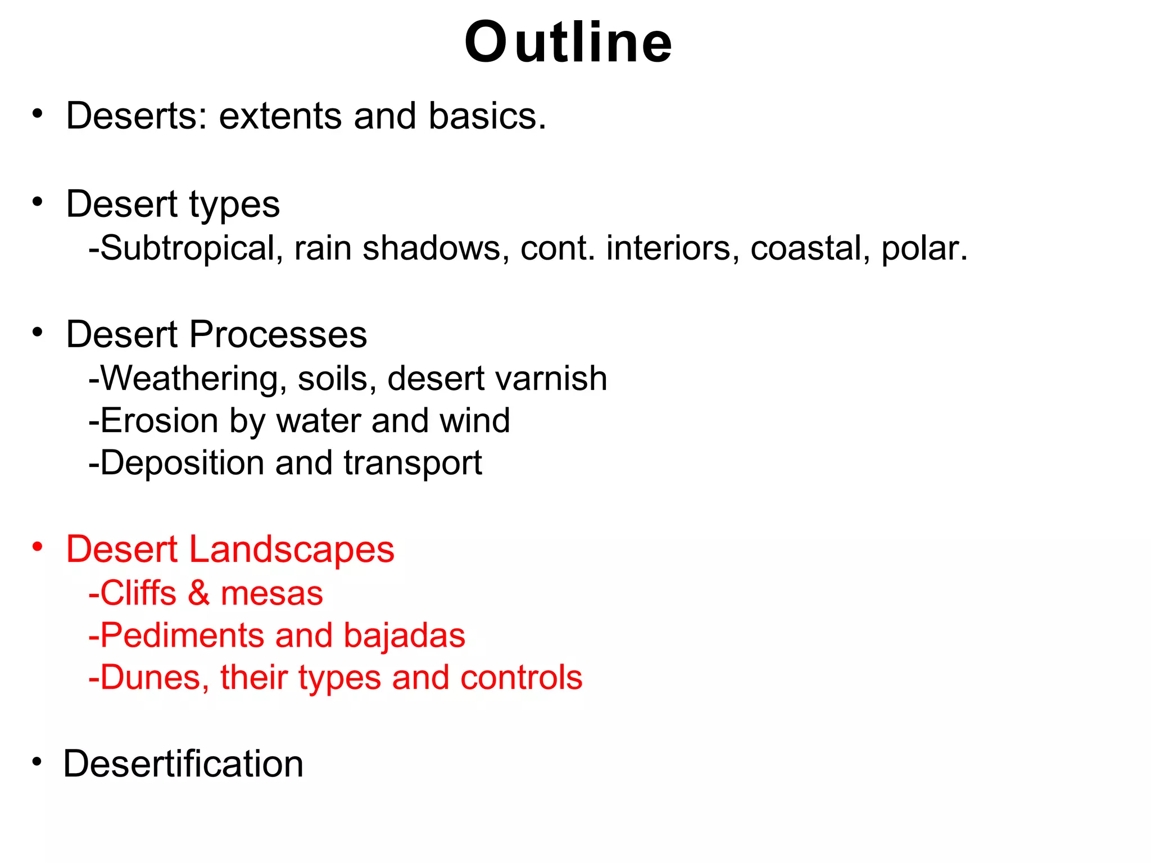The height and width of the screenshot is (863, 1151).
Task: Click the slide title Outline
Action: pyautogui.click(x=568, y=43)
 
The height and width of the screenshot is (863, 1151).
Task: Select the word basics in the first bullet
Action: pyautogui.click(x=487, y=116)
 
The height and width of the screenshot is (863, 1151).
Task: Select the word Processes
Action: pyautogui.click(x=278, y=334)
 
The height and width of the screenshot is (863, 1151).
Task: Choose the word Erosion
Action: pyautogui.click(x=160, y=421)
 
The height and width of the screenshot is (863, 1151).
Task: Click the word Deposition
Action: pyautogui.click(x=182, y=463)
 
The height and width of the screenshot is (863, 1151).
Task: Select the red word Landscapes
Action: pyautogui.click(x=291, y=549)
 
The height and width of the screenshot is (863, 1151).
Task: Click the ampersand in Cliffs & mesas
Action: pyautogui.click(x=198, y=593)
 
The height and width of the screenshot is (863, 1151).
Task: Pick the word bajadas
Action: pyautogui.click(x=404, y=636)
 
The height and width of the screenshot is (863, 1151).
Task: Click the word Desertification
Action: pyautogui.click(x=183, y=764)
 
